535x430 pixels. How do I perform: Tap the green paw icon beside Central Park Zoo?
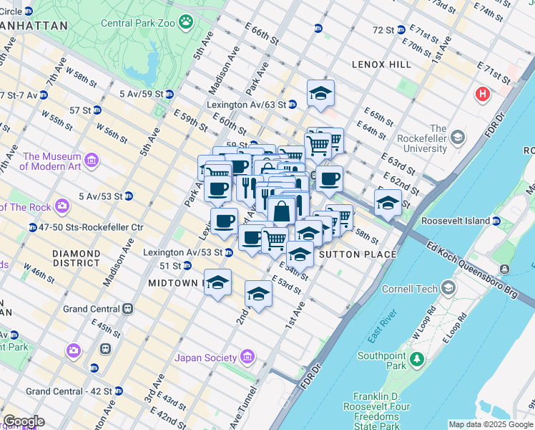187,22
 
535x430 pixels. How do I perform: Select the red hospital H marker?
484,94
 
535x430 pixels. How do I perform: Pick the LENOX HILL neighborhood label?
381,64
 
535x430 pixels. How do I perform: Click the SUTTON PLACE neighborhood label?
358,254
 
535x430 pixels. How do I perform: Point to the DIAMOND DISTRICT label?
76,259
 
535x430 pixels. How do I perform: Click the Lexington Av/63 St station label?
246,105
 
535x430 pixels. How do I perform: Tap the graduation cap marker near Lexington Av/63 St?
321,93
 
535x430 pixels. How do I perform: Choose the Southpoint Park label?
382,360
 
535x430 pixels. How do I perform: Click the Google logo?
24,421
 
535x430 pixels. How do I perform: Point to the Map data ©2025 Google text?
490,424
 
